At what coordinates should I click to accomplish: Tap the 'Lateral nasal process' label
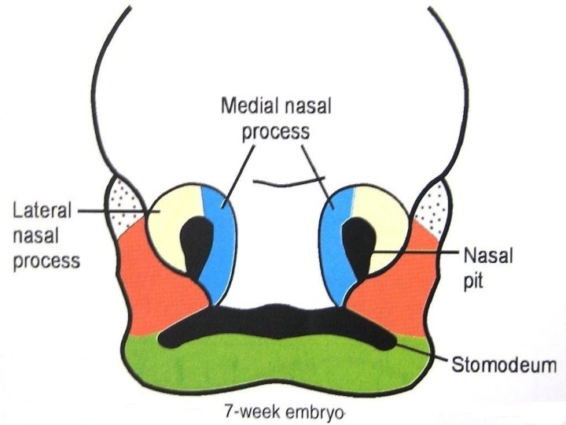pos(47,234)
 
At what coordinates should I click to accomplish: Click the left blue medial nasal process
pos(215,236)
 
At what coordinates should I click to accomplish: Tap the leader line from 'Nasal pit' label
pos(417,253)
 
